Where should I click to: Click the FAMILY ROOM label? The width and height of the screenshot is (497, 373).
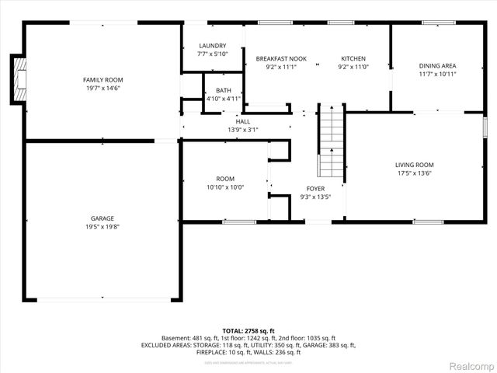[x=103, y=80]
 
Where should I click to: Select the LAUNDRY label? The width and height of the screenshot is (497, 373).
[x=212, y=46]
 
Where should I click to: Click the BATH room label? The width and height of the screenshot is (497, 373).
[x=224, y=90]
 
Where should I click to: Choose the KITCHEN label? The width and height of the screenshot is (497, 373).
[x=353, y=59]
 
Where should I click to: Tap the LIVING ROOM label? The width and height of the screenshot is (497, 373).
[x=414, y=165]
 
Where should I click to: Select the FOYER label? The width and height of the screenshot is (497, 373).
[x=315, y=188]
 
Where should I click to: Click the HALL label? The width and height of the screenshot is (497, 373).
[x=243, y=121]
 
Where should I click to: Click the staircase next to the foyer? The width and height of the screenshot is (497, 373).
[x=331, y=140]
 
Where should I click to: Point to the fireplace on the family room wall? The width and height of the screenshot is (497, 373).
[x=17, y=79]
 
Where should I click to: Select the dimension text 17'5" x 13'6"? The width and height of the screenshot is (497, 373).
[x=414, y=174]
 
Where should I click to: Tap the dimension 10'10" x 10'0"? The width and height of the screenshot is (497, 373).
[x=225, y=188]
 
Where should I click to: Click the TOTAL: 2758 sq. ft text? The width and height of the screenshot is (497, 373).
[x=248, y=331]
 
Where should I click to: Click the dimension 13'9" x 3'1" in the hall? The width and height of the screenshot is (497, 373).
[x=243, y=130]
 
